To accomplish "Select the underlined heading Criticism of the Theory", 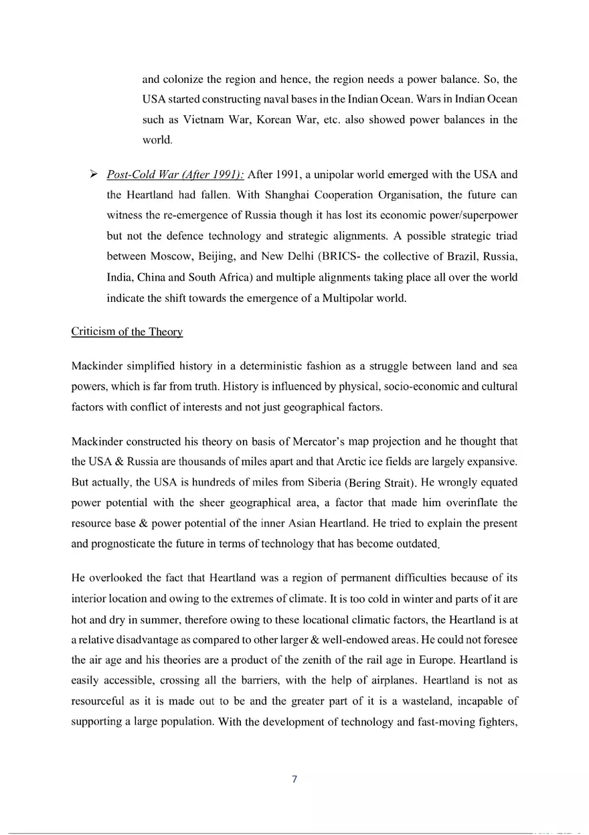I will coord(127,332).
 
